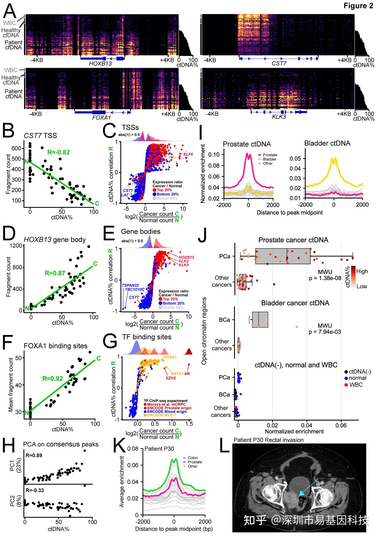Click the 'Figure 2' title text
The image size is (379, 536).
358,6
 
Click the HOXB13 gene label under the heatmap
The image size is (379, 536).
100,63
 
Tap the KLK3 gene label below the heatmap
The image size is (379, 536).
279,117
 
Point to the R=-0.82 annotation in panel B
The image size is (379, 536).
58,152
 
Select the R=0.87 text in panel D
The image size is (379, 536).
55,273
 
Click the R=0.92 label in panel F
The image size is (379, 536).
53,379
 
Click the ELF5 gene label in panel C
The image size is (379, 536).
188,154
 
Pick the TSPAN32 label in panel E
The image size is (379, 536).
130,285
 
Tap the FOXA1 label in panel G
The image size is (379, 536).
170,357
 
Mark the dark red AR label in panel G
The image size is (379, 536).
187,373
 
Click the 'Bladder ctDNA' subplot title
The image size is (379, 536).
327,143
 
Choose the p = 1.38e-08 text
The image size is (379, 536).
325,278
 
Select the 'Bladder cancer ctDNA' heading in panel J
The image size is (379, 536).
295,303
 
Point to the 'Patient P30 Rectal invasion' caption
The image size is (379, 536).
268,440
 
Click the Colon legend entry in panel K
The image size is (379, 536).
193,458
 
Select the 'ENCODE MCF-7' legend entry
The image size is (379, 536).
161,415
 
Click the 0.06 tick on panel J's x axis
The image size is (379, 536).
341,426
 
